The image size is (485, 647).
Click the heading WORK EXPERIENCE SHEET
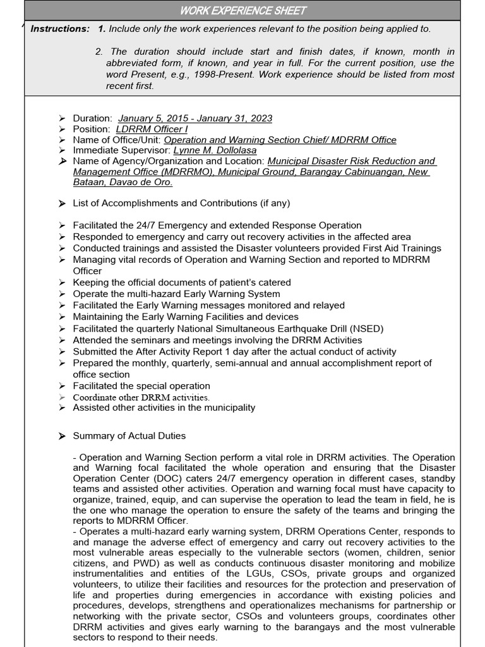243,10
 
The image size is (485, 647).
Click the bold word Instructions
60,29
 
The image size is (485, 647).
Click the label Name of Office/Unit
117,140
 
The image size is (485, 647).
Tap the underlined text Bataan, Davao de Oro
123,183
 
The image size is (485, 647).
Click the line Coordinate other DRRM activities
141,397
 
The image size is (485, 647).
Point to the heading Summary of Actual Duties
129,436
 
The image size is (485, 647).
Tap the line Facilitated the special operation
141,386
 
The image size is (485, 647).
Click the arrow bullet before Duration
61,118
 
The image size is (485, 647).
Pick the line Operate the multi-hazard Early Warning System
176,294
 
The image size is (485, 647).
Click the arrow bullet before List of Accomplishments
61,203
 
